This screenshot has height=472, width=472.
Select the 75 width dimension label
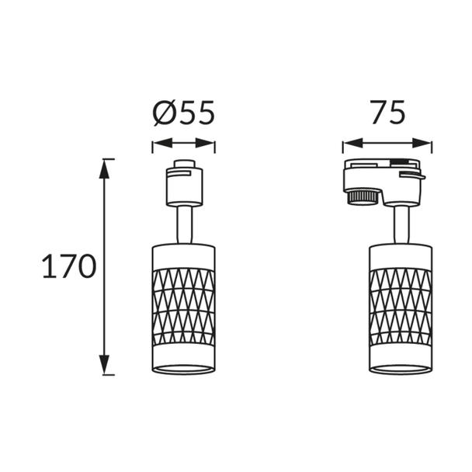(387, 112)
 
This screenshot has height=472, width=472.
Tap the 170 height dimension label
(69, 266)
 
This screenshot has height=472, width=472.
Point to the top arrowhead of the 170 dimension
(105, 168)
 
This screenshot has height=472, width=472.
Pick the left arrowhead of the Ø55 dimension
(162, 143)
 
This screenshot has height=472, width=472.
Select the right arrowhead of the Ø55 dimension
(205, 143)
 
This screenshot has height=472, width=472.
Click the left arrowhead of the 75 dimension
(352, 143)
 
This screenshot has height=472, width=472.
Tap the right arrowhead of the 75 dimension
(422, 143)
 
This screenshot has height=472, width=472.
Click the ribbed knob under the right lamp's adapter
(363, 196)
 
